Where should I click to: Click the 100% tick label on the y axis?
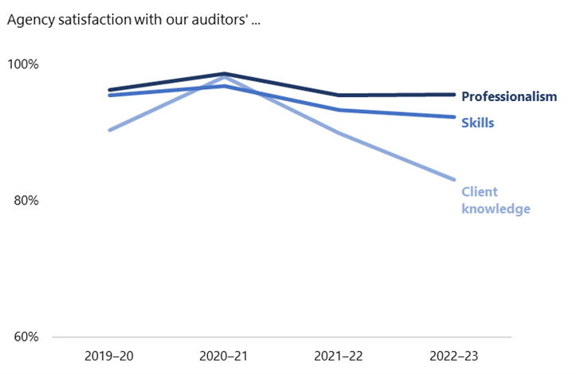[23, 64]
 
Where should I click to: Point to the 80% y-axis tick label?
[25, 201]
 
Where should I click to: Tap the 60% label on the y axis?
[25, 337]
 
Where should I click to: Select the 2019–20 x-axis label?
[109, 355]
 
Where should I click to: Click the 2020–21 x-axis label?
[225, 355]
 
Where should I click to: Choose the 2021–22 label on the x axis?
[339, 355]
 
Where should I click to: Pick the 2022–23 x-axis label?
[454, 355]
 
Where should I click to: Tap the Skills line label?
[478, 123]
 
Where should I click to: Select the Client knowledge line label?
[496, 200]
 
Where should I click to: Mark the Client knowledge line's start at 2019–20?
[109, 130]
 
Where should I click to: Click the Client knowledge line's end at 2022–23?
[454, 180]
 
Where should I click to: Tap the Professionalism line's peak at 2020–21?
[225, 74]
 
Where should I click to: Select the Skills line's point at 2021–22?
[339, 110]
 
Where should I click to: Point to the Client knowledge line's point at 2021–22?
[339, 132]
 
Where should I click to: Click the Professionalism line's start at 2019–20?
[109, 90]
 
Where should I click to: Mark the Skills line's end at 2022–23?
[454, 117]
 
